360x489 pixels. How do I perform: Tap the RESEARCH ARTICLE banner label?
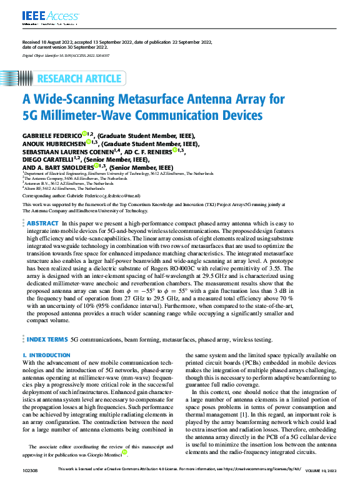point(79,79)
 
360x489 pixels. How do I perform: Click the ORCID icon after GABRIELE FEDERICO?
point(86,135)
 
